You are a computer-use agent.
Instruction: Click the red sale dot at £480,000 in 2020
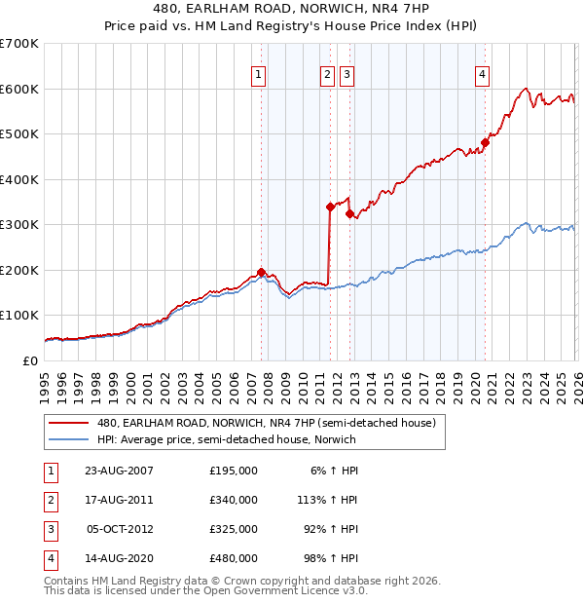coord(485,143)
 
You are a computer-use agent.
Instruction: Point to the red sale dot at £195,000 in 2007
coord(261,272)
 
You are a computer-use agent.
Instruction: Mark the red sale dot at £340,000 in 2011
coord(330,207)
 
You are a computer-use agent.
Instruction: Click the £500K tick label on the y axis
coord(18,134)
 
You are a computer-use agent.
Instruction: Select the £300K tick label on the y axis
coord(18,225)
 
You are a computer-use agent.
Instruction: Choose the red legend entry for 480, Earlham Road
coord(272,423)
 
